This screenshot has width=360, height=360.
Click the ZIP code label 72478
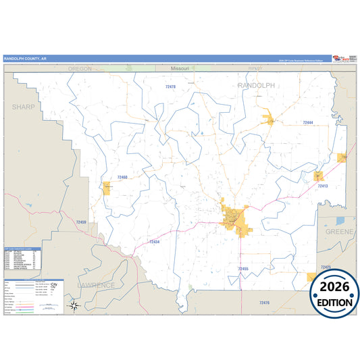coord(170,87)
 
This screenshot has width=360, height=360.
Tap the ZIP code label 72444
coord(308,123)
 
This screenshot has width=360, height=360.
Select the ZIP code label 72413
coord(322,186)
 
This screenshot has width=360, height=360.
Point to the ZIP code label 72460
coord(122,177)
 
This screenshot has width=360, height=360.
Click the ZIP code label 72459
coord(81,222)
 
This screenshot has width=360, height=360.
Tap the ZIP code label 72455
coord(244,269)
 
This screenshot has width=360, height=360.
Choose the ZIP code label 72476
coord(263,302)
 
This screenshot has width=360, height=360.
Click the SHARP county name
coord(23,107)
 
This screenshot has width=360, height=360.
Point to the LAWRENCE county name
coord(95,285)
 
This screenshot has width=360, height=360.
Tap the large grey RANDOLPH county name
coord(257,86)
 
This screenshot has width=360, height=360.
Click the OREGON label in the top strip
coord(80,69)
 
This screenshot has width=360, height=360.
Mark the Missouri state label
coord(180,69)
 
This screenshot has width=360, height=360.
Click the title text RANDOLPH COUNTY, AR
coord(25,59)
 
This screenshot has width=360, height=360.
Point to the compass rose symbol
coord(75,306)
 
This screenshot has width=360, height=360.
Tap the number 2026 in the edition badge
coord(334,287)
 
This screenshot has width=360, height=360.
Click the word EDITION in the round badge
coord(334,303)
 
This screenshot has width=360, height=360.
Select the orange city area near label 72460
coord(107,188)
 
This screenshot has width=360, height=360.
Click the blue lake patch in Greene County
coord(340,220)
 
